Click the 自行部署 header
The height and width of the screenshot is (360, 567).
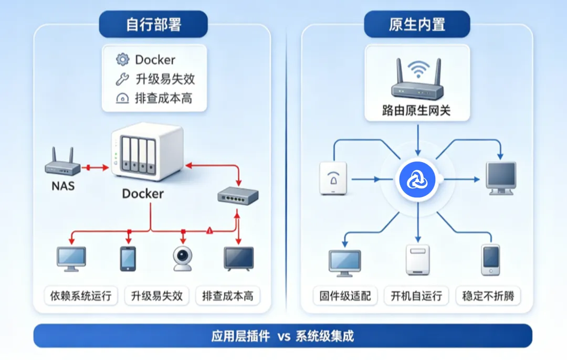pos(153,24)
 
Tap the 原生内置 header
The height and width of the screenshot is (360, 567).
pos(417,24)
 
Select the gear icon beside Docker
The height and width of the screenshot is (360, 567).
pos(122,59)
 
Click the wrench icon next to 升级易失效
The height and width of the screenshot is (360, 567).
pos(122,79)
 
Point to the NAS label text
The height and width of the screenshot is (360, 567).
pos(63,186)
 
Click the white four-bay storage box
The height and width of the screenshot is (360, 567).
pos(147,152)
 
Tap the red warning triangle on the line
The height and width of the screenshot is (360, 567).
pos(209,230)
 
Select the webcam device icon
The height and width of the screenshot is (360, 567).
pos(182,258)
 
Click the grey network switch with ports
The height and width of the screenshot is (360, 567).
pos(238,196)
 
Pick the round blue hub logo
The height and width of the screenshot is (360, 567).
pos(417,179)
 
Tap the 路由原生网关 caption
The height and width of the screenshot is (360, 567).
pos(416,111)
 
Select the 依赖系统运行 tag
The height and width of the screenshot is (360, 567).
pos(81,296)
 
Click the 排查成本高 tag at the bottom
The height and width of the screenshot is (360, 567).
pos(228,296)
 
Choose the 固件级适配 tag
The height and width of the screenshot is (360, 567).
pos(345,296)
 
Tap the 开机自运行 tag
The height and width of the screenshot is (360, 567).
pos(416,296)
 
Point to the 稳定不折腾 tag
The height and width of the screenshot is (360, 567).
pos(488,296)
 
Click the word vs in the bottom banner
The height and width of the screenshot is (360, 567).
pos(284,336)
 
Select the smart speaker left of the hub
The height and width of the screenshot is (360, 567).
pos(333,178)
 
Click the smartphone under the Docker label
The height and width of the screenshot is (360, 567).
pos(128,259)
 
